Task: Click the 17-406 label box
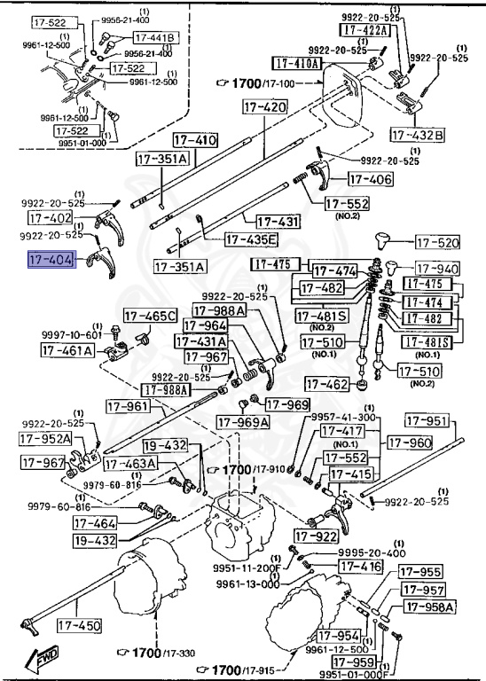click(x=369, y=179)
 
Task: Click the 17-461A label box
click(x=67, y=350)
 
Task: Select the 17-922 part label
click(x=317, y=536)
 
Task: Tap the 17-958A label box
click(x=430, y=607)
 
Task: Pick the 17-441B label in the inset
click(x=156, y=37)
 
